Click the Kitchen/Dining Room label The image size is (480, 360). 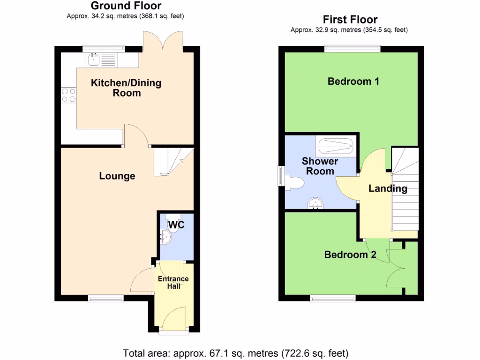pos(126,88)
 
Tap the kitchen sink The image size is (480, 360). pos(94,59)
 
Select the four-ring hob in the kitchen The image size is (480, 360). pos(68,95)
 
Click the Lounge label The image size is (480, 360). pos(117,176)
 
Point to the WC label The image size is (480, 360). pos(177,225)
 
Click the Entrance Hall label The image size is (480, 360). pos(173,282)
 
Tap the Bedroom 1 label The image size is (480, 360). pos(353,82)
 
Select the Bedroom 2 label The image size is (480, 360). pos(350,255)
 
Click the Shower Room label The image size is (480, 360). pos(320,166)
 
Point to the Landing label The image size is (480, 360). pos(388,189)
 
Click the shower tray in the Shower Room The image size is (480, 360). pos(336,148)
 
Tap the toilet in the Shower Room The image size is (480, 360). pos(295,182)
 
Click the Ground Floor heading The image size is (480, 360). pos(126,6)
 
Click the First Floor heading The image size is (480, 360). pos(350,20)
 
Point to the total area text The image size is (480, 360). pos(236,352)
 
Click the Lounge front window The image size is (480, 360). pos(105,298)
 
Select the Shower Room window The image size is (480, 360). pos(280,176)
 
